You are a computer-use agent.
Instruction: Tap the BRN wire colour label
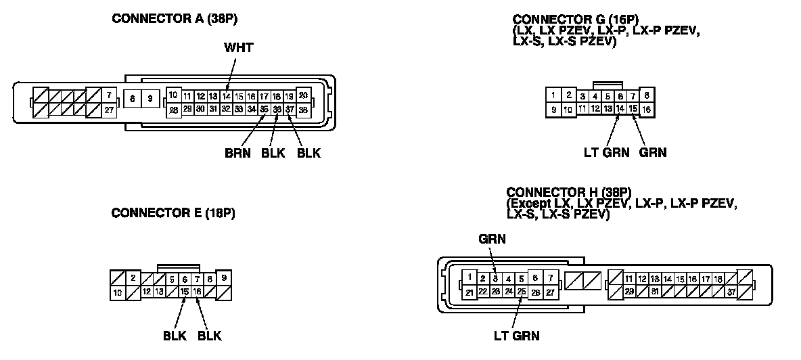coord(237,154)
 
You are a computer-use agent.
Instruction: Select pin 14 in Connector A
coord(226,96)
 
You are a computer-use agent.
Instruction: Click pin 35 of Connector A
coord(264,108)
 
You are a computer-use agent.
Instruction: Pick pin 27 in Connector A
coord(108,110)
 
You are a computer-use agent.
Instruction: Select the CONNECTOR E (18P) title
coord(173,213)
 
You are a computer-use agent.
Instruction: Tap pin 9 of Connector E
coord(225,277)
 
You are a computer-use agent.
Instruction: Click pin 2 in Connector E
coord(133,278)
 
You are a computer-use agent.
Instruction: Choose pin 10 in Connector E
coord(117,292)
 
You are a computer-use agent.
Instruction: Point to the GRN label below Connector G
coord(652,153)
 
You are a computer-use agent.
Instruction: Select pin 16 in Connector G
coord(647,108)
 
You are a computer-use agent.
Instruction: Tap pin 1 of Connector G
coord(553,95)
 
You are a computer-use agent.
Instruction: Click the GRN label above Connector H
coord(492,239)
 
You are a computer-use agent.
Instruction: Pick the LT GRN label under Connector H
coord(517,334)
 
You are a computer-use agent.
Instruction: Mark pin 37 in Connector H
coord(731,292)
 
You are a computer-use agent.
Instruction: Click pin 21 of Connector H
coord(469,292)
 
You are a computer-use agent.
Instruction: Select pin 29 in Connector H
coord(629,292)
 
